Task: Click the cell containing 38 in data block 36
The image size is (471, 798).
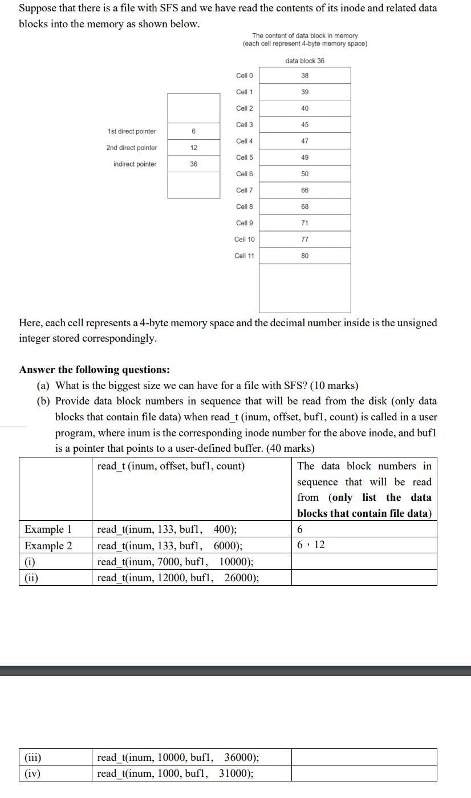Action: click(304, 75)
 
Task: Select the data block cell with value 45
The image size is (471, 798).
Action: click(304, 124)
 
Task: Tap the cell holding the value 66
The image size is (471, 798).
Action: click(304, 190)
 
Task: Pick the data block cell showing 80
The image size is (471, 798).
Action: click(304, 256)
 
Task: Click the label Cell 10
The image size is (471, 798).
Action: click(245, 240)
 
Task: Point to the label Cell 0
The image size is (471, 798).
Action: click(245, 75)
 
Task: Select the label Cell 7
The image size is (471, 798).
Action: click(245, 190)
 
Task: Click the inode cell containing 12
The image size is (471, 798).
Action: click(194, 148)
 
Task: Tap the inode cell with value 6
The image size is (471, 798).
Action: click(194, 131)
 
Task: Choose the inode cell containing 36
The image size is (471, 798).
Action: click(194, 164)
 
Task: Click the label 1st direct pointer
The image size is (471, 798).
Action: click(132, 131)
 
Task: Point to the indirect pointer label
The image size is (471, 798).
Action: click(135, 164)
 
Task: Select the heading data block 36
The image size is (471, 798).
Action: click(304, 60)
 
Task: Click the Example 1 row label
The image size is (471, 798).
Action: click(48, 529)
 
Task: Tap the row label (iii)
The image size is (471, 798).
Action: click(33, 758)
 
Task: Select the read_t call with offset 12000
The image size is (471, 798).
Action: click(178, 577)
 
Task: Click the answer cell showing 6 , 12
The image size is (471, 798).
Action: click(311, 545)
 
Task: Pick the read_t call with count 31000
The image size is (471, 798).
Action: click(176, 773)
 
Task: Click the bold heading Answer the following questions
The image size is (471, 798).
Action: click(94, 370)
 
